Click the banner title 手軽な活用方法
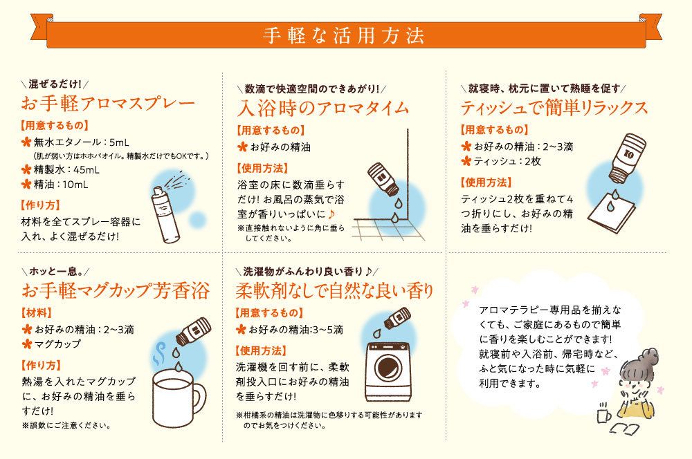[x=343, y=35]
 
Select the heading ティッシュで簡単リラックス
[x=554, y=108]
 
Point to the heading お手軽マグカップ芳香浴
[x=116, y=290]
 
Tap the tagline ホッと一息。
[x=55, y=270]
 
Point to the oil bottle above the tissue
[x=626, y=156]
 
